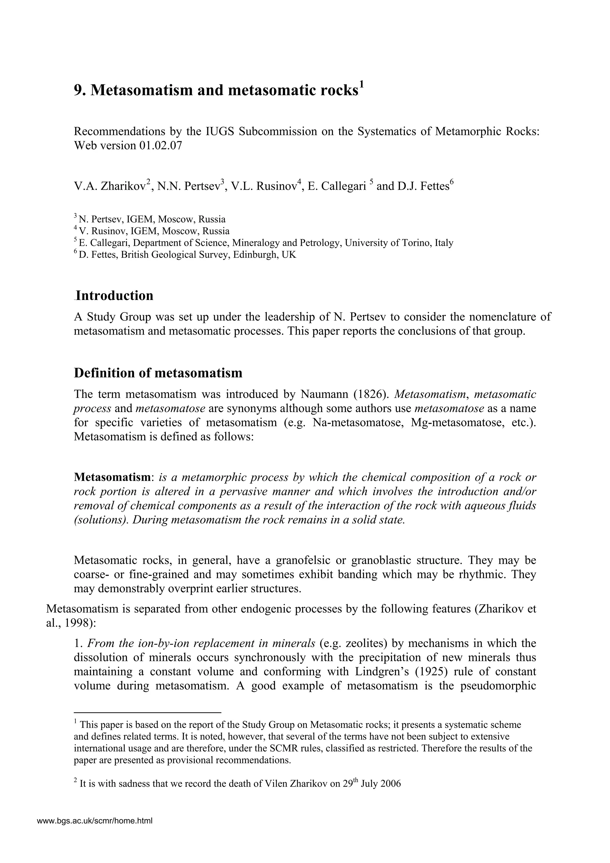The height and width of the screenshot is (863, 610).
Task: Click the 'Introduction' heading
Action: pos(114,296)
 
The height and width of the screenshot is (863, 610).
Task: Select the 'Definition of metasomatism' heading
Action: pos(158,373)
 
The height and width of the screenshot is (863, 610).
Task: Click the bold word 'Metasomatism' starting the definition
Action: pos(112,477)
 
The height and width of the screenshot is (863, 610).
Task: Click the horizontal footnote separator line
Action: pos(147,712)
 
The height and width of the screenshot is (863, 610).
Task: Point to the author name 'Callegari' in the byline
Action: pos(337,186)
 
